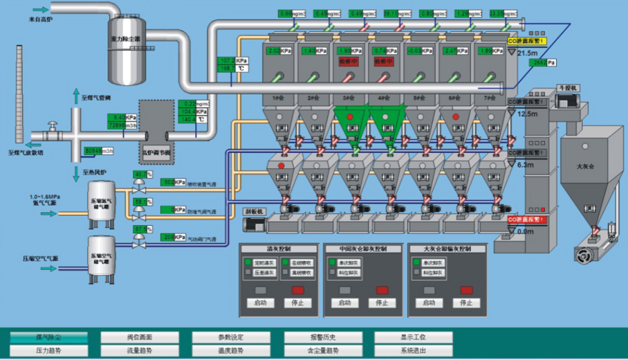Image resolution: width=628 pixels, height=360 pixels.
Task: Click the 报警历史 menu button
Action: point(322,338)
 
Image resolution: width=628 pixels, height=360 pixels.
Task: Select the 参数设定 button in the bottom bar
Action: point(231,338)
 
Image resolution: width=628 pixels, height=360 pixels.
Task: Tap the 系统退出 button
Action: point(413,351)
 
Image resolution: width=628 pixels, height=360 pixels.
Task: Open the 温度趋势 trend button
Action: point(231,351)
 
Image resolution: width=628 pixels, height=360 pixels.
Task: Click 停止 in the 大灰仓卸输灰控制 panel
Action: point(466,303)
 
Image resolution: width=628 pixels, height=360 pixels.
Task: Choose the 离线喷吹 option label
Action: point(301,273)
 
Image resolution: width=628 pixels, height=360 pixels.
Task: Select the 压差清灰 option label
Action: point(264,273)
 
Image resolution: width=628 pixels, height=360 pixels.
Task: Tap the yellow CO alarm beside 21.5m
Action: point(527,41)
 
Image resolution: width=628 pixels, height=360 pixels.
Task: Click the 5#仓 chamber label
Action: point(419,98)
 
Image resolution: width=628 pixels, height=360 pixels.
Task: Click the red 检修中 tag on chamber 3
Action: point(348,62)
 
